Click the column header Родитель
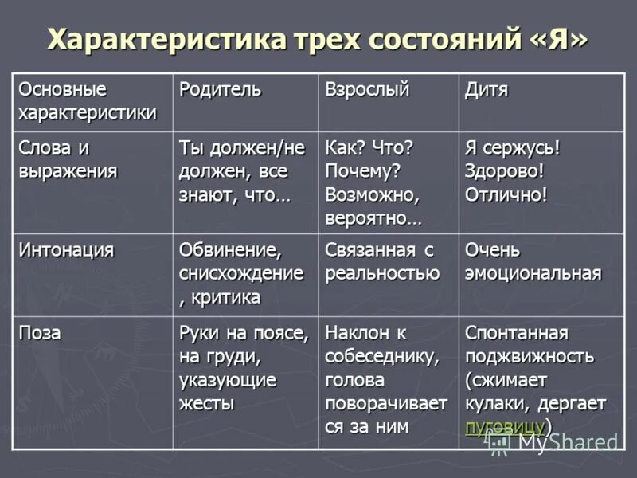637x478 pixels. (221, 89)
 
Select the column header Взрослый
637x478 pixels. (366, 89)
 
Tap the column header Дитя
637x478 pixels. (487, 89)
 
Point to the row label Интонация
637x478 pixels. (66, 250)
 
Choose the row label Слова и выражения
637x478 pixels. (68, 159)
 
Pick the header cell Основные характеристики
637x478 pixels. (87, 100)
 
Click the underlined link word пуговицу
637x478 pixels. (505, 425)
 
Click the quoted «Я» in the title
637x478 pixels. (562, 38)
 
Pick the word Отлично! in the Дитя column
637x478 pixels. (506, 194)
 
